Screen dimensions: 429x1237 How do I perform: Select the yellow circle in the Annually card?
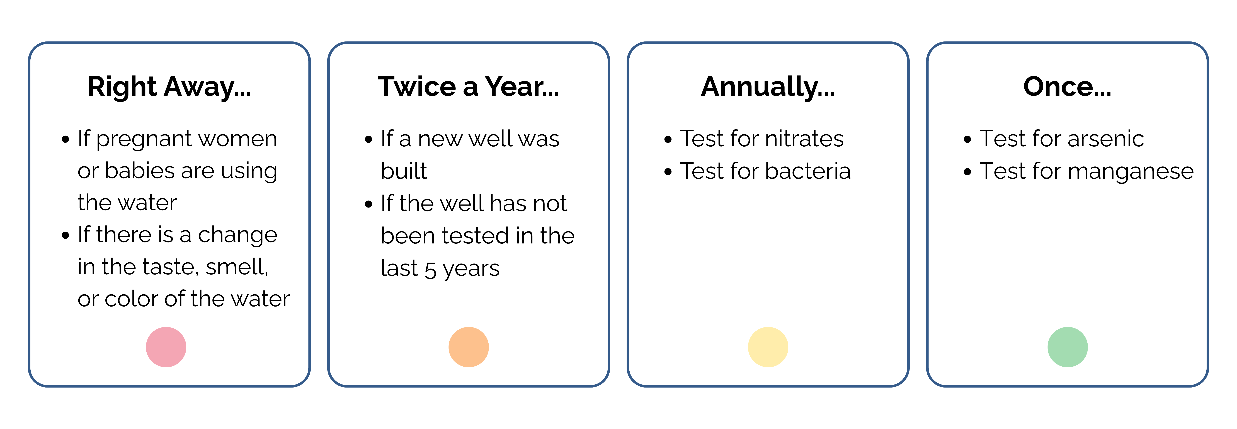click(768, 347)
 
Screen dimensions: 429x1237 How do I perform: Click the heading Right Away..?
click(169, 87)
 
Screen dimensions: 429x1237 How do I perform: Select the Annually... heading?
click(768, 87)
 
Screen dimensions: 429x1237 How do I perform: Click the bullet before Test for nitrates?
click(668, 140)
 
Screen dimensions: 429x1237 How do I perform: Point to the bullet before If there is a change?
click(66, 236)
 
